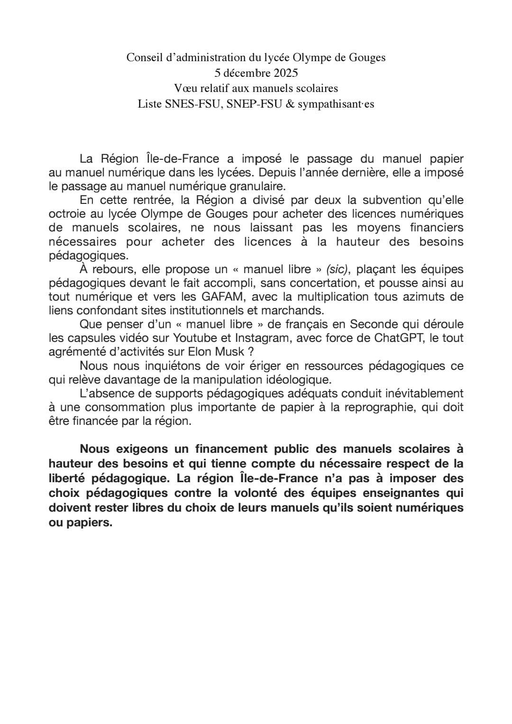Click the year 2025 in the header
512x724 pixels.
285,73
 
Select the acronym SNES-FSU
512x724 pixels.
193,104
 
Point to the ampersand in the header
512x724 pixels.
290,104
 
